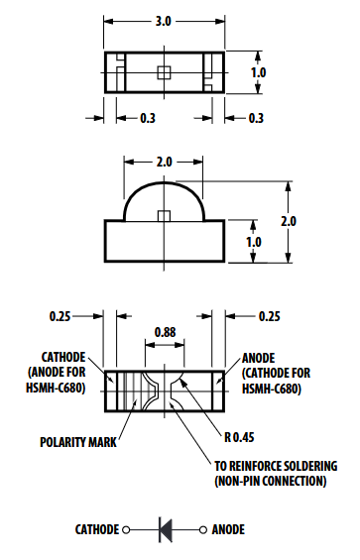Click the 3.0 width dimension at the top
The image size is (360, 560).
pyautogui.click(x=164, y=22)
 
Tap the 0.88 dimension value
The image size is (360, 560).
pyautogui.click(x=166, y=332)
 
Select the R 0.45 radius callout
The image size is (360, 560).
pyautogui.click(x=239, y=437)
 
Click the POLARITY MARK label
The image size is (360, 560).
pyautogui.click(x=78, y=442)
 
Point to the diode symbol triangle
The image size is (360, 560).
pyautogui.click(x=166, y=530)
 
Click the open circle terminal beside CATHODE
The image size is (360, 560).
pyautogui.click(x=126, y=530)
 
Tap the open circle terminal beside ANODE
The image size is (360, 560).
pyautogui.click(x=203, y=530)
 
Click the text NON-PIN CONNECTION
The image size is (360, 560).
pyautogui.click(x=271, y=481)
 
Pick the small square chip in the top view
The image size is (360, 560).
pyautogui.click(x=164, y=72)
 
